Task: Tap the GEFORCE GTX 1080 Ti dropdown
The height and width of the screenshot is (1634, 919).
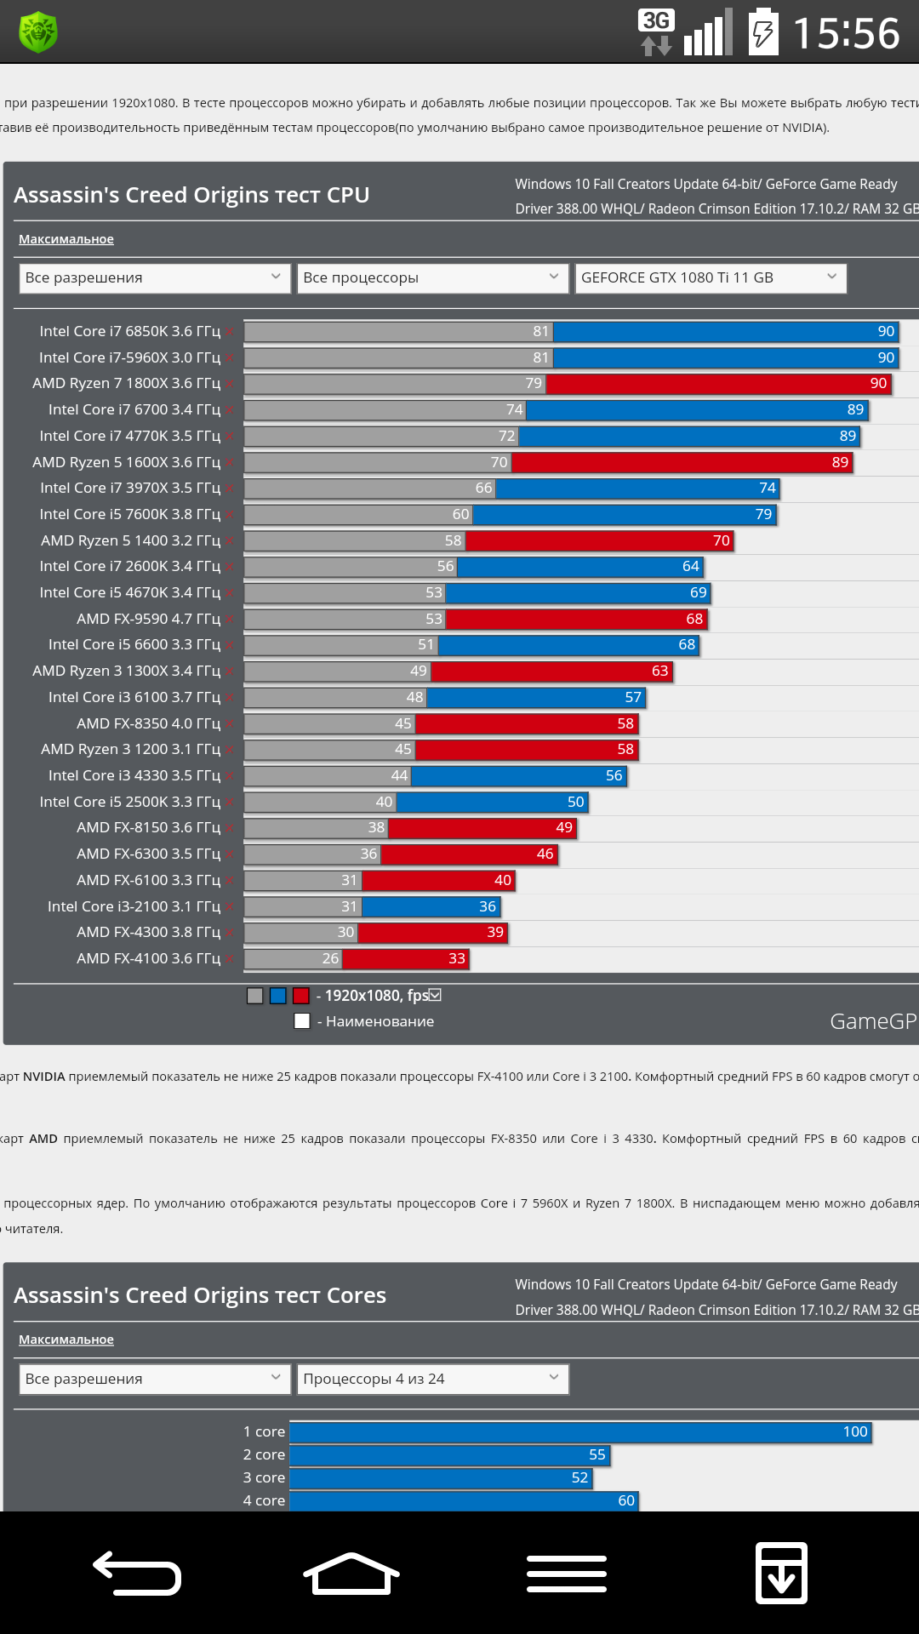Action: click(x=711, y=278)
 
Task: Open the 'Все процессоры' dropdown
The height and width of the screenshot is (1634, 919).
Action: click(x=432, y=278)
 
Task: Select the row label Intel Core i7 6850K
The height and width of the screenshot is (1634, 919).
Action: click(x=129, y=331)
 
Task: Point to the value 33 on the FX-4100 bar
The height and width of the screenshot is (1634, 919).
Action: click(x=457, y=959)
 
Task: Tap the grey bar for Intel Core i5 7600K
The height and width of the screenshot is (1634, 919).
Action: click(x=357, y=515)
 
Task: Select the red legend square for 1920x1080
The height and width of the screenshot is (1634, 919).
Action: click(x=301, y=996)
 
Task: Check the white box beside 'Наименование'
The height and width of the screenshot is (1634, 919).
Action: click(x=302, y=1021)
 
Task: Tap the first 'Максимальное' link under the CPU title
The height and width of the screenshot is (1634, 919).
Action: click(x=66, y=239)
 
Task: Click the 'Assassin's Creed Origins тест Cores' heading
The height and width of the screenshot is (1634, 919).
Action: click(x=200, y=1295)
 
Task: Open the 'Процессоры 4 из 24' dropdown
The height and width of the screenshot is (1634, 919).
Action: click(x=432, y=1379)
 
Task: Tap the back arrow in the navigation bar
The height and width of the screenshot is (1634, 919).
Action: click(x=137, y=1573)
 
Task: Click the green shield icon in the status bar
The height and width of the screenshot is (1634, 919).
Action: click(x=38, y=32)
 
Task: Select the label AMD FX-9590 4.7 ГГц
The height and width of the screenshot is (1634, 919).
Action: click(x=148, y=619)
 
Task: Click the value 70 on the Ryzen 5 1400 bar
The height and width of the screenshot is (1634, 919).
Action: click(x=722, y=540)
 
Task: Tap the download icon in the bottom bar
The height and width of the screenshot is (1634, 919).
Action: click(x=781, y=1573)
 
